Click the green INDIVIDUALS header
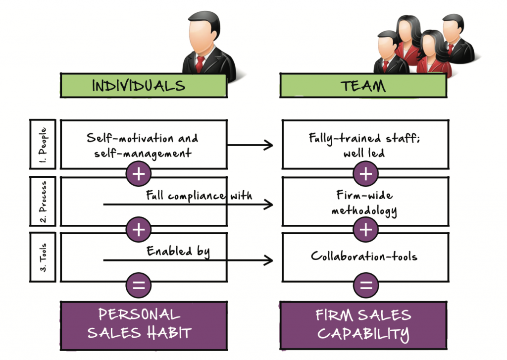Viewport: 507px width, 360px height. click(144, 86)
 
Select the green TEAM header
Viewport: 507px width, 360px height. click(363, 86)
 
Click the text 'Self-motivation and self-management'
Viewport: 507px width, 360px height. click(142, 145)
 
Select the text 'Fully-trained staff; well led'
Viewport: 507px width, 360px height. click(364, 145)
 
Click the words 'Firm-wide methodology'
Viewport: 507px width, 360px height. click(364, 204)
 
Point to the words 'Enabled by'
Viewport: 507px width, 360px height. click(178, 252)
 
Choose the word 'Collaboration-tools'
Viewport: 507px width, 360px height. click(364, 257)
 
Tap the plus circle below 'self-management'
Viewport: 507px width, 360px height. click(139, 174)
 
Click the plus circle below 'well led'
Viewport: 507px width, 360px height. click(366, 174)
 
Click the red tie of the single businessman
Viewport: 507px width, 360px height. click(200, 63)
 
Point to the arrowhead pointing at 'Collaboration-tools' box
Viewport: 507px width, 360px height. click(269, 260)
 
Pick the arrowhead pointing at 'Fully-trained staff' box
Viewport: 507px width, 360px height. click(269, 145)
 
